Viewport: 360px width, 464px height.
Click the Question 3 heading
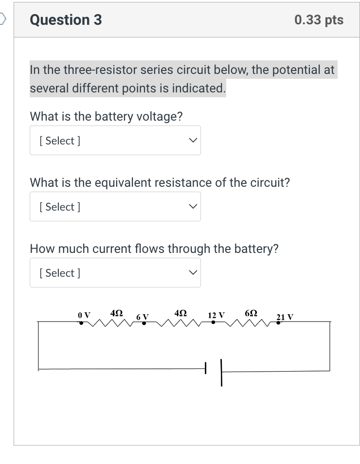66,20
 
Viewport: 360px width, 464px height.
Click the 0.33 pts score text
319,20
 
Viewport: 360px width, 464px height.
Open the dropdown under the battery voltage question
115,141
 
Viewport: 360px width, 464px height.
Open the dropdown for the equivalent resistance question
115,207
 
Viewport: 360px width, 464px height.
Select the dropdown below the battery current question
115,273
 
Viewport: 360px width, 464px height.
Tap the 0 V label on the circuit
84,315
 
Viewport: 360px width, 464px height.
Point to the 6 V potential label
142,317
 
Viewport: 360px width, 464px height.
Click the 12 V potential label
216,315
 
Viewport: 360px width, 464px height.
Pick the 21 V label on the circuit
285,317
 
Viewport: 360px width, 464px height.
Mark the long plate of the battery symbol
221,372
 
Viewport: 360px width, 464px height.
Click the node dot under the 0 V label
81,322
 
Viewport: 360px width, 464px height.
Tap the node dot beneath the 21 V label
278,322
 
